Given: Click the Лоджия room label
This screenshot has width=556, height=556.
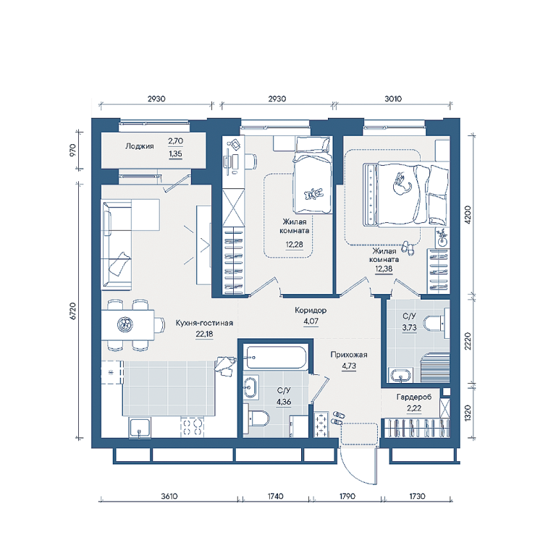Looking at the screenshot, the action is click(x=139, y=146).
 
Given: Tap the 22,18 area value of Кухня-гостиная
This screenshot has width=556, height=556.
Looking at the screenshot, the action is click(x=204, y=334).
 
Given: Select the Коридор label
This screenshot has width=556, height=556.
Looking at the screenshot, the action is click(x=311, y=311).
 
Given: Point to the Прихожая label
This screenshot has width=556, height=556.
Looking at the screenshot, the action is click(x=349, y=355).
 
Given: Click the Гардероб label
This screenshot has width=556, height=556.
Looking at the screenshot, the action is click(x=414, y=397).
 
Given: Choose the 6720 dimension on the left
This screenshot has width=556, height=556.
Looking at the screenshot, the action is click(x=72, y=311).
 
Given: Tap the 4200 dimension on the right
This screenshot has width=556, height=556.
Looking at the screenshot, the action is click(x=468, y=214).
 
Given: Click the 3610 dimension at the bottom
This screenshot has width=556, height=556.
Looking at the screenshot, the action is click(x=169, y=496).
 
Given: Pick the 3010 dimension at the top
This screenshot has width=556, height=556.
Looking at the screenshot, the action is click(x=393, y=99).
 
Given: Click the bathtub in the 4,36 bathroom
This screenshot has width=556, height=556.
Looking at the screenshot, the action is click(x=277, y=358).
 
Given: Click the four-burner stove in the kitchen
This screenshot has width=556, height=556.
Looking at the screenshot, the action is click(x=191, y=427).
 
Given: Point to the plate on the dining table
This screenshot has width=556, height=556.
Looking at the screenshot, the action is click(x=125, y=324).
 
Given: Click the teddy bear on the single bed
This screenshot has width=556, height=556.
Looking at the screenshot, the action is click(x=313, y=193).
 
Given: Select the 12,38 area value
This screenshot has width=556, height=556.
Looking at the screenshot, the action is click(x=384, y=269).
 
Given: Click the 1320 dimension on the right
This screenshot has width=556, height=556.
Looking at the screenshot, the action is click(x=468, y=413).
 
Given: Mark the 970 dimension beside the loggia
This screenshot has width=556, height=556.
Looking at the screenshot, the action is click(x=72, y=151).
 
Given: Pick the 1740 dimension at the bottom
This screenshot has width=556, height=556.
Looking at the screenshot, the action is click(x=275, y=496).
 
